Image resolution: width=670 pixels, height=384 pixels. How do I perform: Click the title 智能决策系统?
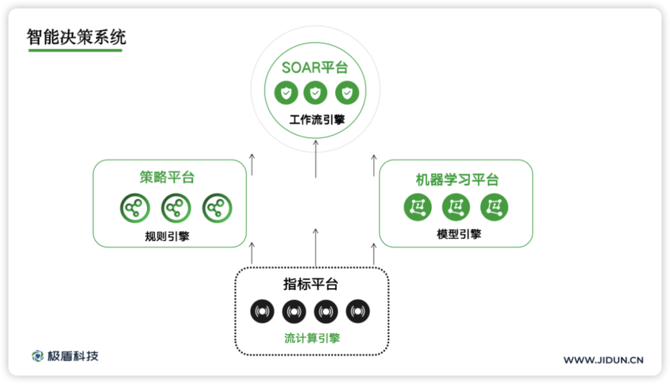pyautogui.click(x=76, y=37)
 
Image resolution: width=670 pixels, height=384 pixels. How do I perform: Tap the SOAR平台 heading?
pyautogui.click(x=315, y=68)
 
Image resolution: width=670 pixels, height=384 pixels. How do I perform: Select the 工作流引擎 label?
pyautogui.click(x=315, y=118)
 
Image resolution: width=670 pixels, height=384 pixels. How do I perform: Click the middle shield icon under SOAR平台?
pyautogui.click(x=315, y=94)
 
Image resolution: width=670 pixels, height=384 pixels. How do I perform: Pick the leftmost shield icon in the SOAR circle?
pyautogui.click(x=286, y=94)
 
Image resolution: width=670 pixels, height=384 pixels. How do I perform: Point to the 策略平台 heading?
pyautogui.click(x=167, y=178)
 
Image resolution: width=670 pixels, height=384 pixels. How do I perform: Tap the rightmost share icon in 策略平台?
pyautogui.click(x=217, y=209)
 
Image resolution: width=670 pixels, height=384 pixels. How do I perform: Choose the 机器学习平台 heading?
pyautogui.click(x=457, y=180)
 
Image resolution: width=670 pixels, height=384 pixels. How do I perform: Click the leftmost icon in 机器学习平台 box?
pyautogui.click(x=418, y=207)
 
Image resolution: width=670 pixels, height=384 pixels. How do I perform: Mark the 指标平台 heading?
pyautogui.click(x=311, y=285)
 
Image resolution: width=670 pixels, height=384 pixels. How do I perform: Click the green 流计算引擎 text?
pyautogui.click(x=312, y=338)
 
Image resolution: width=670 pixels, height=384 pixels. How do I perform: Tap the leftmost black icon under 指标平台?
pyautogui.click(x=262, y=312)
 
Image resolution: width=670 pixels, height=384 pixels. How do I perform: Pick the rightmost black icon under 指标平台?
pyautogui.click(x=358, y=312)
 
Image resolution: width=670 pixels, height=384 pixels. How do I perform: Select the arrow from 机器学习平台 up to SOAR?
pyautogui.click(x=374, y=164)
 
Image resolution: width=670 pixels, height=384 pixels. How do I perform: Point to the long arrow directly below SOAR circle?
pyautogui.click(x=316, y=159)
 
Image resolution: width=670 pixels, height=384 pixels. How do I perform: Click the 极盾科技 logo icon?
pyautogui.click(x=38, y=356)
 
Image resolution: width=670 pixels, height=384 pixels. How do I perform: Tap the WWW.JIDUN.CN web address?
pyautogui.click(x=603, y=360)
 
